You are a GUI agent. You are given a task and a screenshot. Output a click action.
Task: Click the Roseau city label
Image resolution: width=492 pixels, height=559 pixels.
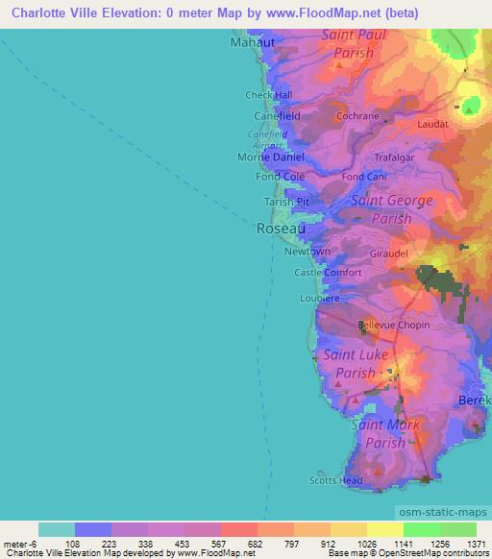[282, 230]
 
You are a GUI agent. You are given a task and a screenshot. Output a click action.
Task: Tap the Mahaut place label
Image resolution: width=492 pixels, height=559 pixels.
[252, 43]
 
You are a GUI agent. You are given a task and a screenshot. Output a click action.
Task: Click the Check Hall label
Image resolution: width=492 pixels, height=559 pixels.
[268, 95]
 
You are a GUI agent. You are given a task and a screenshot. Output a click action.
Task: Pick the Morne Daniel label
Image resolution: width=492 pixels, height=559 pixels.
[271, 157]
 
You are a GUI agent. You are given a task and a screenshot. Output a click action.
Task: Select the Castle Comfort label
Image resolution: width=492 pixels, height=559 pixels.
[328, 273]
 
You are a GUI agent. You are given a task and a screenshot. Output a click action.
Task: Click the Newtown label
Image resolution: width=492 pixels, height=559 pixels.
[307, 252]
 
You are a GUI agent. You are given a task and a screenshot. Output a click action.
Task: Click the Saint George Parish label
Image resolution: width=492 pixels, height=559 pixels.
[392, 209]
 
